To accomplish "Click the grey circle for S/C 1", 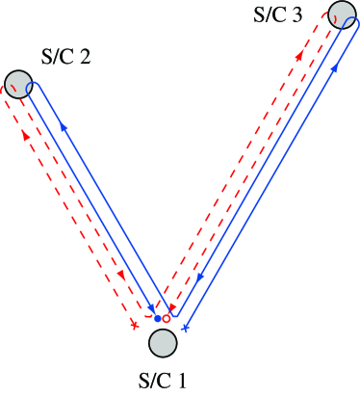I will [163, 342].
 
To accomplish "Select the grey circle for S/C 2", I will [16, 83].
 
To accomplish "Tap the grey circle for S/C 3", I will [344, 15].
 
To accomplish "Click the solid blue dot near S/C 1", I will [158, 318].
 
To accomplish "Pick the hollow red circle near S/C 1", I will [167, 318].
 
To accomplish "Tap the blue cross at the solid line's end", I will [185, 329].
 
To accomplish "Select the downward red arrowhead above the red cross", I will [121, 275].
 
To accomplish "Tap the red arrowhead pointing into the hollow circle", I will [172, 308].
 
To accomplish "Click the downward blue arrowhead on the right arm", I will [198, 278].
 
